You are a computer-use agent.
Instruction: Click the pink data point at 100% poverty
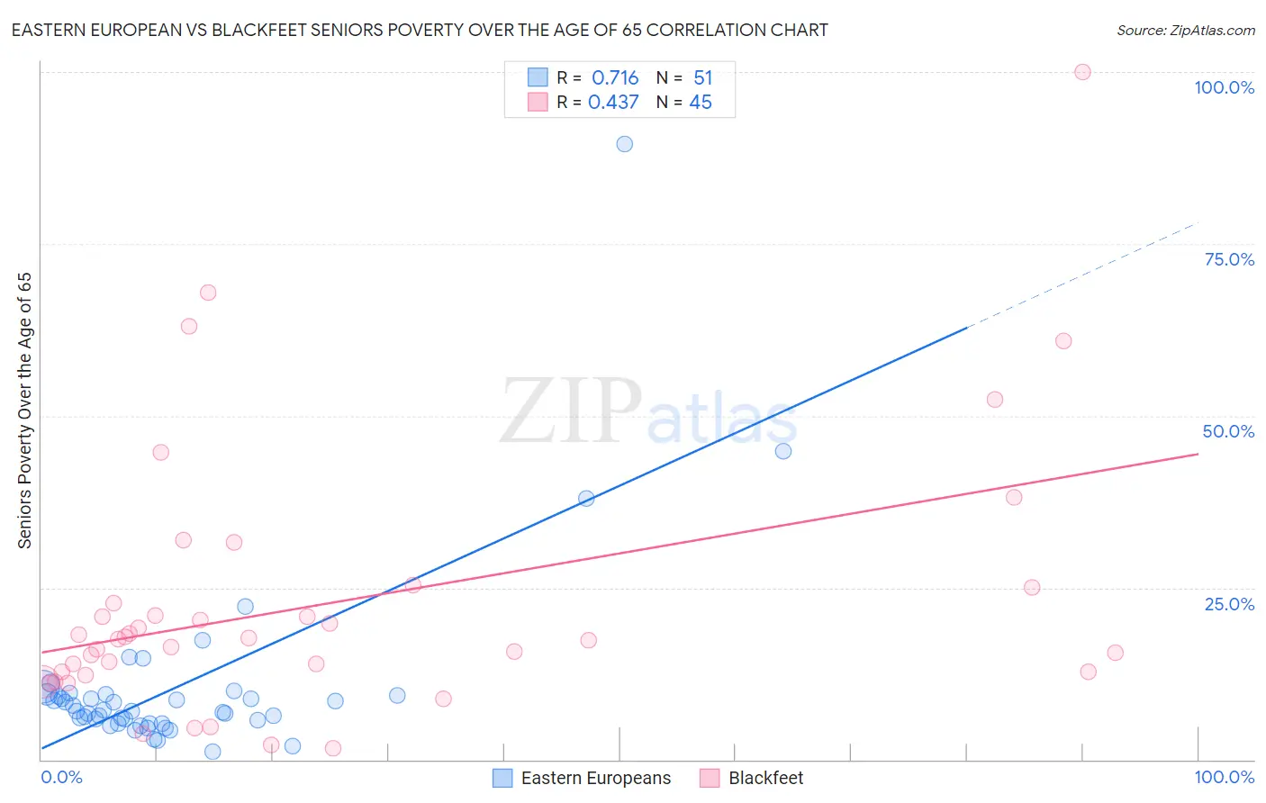(1082, 72)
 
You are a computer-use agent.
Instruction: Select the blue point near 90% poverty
(624, 144)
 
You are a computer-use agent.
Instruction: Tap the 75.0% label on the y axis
(1229, 259)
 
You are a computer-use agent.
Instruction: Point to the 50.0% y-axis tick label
(1228, 431)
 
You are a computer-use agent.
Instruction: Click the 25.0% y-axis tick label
(1229, 604)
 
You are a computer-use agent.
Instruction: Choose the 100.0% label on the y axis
(1224, 87)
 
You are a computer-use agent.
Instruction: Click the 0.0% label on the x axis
(61, 777)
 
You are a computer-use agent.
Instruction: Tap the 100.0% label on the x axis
(1224, 777)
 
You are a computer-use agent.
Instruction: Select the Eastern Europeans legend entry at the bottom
(595, 778)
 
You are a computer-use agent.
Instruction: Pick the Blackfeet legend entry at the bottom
(765, 778)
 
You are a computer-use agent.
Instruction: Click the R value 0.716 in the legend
(615, 78)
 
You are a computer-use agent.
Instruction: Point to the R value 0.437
(613, 103)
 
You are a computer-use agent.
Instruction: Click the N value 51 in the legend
(702, 78)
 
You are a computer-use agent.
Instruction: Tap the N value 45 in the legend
(701, 103)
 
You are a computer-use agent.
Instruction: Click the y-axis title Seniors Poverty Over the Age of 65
(24, 411)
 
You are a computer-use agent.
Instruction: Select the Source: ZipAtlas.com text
(1185, 30)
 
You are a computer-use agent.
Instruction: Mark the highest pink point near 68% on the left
(208, 293)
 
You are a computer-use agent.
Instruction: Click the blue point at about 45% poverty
(783, 451)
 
